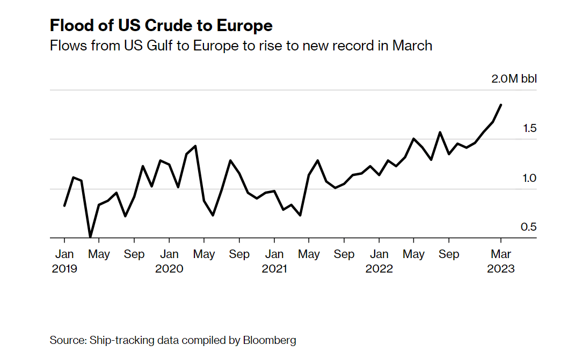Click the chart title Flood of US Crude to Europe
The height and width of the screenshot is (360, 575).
(161, 25)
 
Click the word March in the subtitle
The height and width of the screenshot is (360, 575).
(412, 46)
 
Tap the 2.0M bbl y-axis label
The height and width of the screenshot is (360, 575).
(514, 79)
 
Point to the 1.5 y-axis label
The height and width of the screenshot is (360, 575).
(529, 128)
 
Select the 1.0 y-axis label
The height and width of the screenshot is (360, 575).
(529, 178)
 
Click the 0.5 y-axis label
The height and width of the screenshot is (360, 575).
(529, 227)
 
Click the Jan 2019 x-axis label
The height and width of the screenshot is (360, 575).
(64, 261)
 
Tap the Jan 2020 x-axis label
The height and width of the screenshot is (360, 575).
(170, 261)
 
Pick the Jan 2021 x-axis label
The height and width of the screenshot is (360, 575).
(274, 261)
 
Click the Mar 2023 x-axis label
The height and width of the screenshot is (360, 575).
(501, 261)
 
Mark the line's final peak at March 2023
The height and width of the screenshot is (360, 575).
(501, 105)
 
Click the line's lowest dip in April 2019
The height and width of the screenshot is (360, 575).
(90, 237)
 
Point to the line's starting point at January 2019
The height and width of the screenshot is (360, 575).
(64, 205)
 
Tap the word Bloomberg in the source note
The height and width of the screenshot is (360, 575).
(270, 340)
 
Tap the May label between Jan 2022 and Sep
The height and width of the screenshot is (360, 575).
(413, 254)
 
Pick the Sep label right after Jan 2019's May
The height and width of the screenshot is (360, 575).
(134, 254)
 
